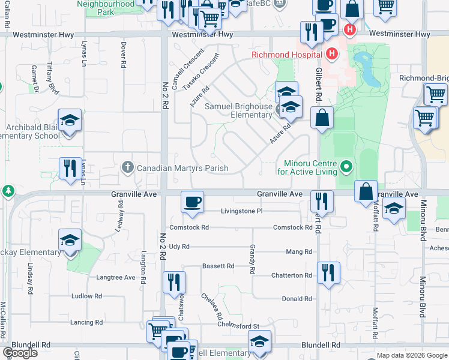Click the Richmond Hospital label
coord(287,56)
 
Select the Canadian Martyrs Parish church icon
coord(127,167)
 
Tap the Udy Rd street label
coord(179,247)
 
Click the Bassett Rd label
coord(218,266)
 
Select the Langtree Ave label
coord(116,277)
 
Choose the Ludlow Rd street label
coord(86,296)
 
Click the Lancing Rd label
coord(82,323)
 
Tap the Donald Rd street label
coord(297,298)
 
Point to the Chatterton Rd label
coord(292,275)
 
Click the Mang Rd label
coord(299,252)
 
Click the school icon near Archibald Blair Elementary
coord(70,121)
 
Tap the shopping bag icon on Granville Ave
coord(366,192)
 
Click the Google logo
coord(20,353)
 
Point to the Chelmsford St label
coord(238,326)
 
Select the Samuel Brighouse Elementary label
coord(239,110)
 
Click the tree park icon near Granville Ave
coord(7,191)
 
